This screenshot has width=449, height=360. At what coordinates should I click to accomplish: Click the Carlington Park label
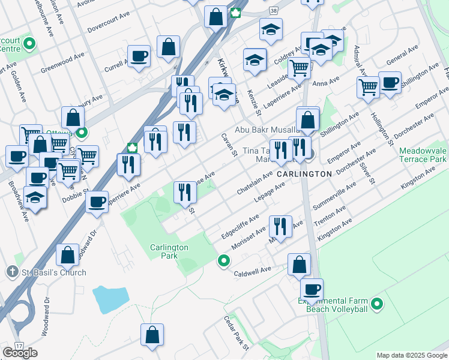point(169,251)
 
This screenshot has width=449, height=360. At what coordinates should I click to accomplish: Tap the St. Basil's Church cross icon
point(12,272)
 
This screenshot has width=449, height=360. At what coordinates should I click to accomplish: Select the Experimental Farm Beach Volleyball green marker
point(378,304)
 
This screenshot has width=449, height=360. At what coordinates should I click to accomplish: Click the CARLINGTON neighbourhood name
point(304,173)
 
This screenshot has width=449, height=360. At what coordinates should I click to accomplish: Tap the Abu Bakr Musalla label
point(267,130)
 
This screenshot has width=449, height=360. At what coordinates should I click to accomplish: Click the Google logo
point(20,353)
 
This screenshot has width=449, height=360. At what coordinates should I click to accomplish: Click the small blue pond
point(110,298)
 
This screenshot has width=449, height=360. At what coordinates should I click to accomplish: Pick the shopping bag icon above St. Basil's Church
point(67,254)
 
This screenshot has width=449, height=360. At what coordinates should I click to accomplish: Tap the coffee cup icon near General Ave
point(390,82)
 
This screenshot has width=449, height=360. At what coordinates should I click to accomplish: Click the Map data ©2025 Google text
point(411,355)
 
